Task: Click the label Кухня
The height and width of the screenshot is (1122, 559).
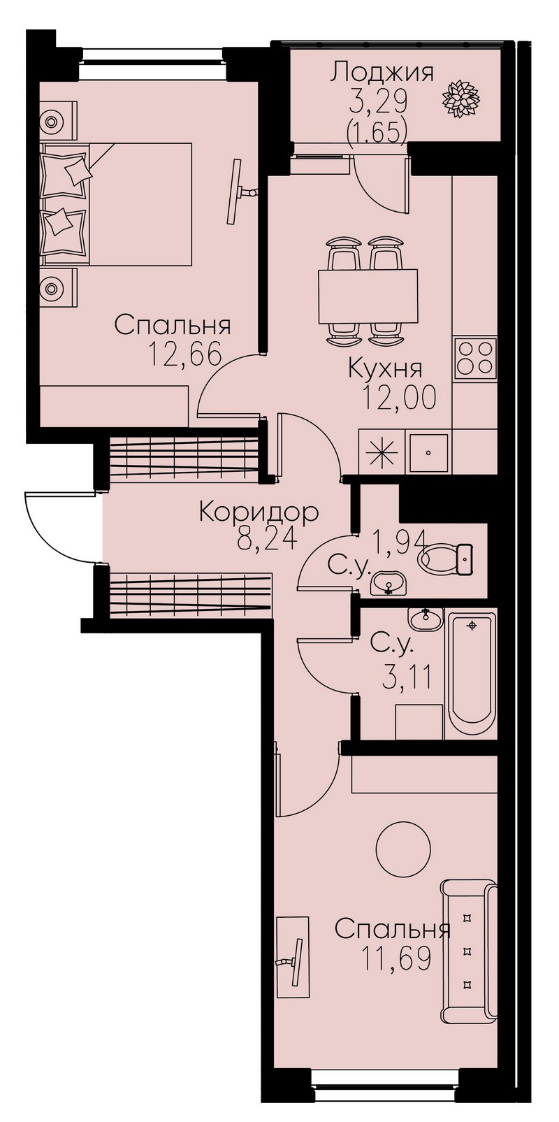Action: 385,369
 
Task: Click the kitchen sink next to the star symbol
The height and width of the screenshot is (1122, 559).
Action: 429,452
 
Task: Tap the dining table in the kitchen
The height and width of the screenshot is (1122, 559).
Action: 368,297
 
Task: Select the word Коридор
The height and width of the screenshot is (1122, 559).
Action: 259,514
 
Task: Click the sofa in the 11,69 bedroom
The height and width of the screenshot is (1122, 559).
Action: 470,949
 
